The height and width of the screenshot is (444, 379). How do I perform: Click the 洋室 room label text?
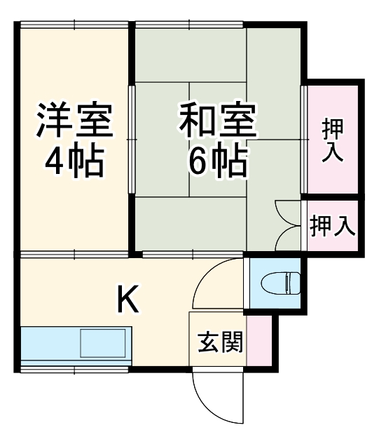click(74, 121)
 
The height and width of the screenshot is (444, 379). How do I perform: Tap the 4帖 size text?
click(74, 161)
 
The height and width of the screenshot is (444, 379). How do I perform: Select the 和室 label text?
click(217, 121)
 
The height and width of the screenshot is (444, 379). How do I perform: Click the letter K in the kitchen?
click(127, 301)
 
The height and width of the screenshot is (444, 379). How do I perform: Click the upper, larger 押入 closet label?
click(332, 140)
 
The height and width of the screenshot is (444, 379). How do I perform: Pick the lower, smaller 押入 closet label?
click(332, 227)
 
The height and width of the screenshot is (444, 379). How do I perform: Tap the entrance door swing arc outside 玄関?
click(210, 400)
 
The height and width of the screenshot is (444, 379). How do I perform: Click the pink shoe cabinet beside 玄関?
click(258, 339)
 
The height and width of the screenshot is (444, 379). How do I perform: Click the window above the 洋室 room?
click(74, 24)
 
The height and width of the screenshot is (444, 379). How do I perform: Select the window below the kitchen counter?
click(74, 368)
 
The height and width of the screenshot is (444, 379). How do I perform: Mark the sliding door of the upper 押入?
click(304, 140)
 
